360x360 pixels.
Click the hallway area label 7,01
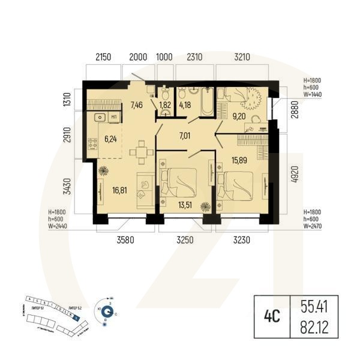(x=186, y=136)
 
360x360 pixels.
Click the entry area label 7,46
(x=137, y=106)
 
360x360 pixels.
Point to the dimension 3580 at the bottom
(x=123, y=241)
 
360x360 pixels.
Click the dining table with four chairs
(x=140, y=152)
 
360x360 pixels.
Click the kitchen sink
(x=101, y=117)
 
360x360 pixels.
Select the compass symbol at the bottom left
(x=107, y=311)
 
